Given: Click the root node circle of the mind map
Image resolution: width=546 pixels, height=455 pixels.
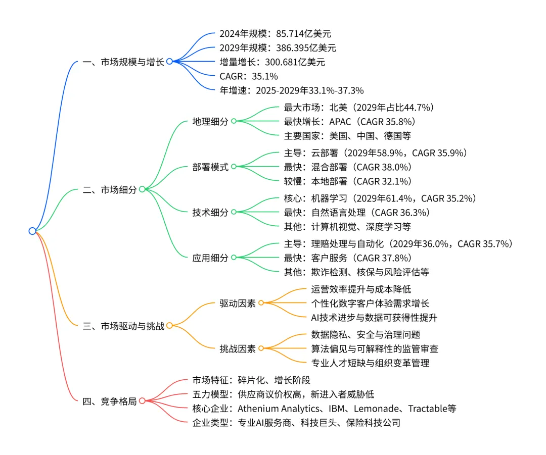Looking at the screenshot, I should (32, 231).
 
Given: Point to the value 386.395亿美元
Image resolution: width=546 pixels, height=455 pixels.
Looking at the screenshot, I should (306, 48).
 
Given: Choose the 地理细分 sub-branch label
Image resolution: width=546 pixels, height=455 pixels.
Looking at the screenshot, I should (210, 121).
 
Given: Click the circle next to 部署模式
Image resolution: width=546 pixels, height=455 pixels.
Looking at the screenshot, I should (234, 167).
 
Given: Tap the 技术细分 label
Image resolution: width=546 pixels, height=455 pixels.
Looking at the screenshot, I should (210, 212).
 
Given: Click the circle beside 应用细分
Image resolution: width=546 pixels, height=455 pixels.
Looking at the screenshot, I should (234, 258).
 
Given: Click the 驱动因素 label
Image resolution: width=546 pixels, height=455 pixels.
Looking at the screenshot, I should (238, 303).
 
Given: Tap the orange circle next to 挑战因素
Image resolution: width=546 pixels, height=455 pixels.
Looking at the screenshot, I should (261, 348).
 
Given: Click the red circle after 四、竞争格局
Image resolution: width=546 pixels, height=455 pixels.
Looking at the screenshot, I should (143, 401).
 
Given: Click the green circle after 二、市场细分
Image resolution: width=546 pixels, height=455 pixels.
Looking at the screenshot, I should (143, 189).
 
